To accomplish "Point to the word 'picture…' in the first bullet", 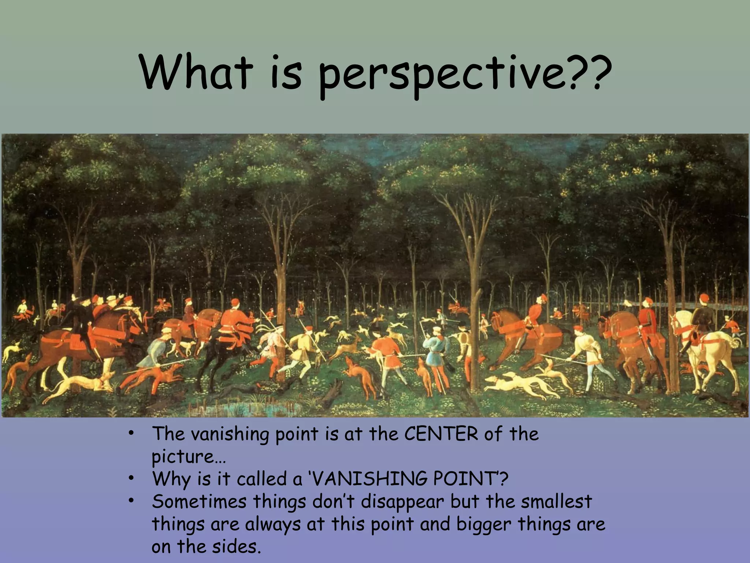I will (188, 457).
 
